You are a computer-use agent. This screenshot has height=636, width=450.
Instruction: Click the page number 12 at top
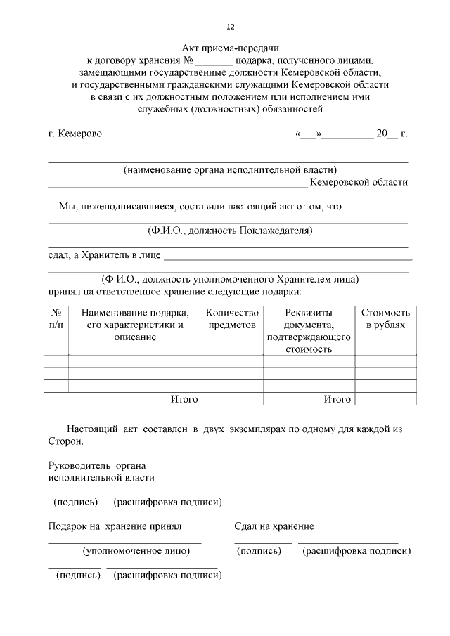230,27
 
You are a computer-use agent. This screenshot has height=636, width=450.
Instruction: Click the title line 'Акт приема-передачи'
230,48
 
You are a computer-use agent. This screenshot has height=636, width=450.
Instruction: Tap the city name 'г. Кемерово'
75,134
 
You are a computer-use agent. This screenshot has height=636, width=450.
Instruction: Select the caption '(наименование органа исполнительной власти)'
230,169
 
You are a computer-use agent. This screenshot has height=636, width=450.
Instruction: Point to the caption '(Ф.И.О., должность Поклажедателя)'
230,231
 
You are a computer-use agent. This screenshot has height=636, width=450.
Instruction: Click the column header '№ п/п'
56,318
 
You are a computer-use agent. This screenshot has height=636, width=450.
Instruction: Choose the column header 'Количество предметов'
233,318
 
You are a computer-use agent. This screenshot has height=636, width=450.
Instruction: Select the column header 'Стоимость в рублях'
385,318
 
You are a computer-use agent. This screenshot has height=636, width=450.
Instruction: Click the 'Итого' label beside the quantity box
184,399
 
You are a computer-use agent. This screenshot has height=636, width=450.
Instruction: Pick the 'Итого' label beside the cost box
337,399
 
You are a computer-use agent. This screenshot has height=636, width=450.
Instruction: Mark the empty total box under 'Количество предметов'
233,399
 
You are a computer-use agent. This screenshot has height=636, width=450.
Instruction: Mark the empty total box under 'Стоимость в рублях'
385,399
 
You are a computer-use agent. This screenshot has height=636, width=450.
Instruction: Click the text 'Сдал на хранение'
274,526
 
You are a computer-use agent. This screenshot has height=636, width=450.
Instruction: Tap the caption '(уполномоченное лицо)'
136,551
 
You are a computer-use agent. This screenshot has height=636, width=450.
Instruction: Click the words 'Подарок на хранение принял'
115,526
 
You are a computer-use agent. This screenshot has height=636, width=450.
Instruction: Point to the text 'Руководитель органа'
98,465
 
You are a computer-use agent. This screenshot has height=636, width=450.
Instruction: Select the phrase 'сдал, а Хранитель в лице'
104,254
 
